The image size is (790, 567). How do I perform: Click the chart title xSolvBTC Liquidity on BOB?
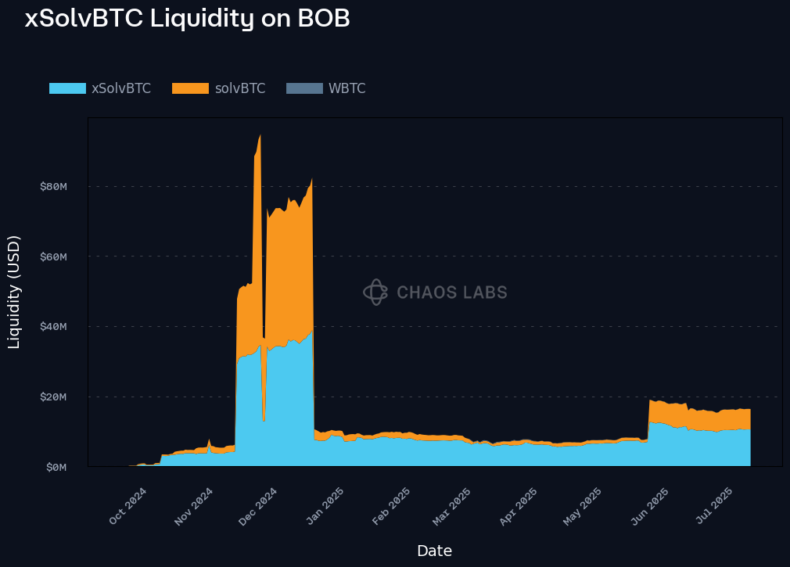(187, 19)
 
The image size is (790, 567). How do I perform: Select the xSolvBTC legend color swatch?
(67, 88)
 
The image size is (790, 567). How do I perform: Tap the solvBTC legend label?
(240, 88)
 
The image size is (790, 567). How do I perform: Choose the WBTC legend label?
(347, 88)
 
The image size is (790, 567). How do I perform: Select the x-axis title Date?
(434, 551)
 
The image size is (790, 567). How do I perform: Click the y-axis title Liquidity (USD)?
(14, 292)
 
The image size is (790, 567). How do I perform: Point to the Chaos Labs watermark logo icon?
(375, 292)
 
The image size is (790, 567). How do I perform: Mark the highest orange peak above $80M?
(260, 135)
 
